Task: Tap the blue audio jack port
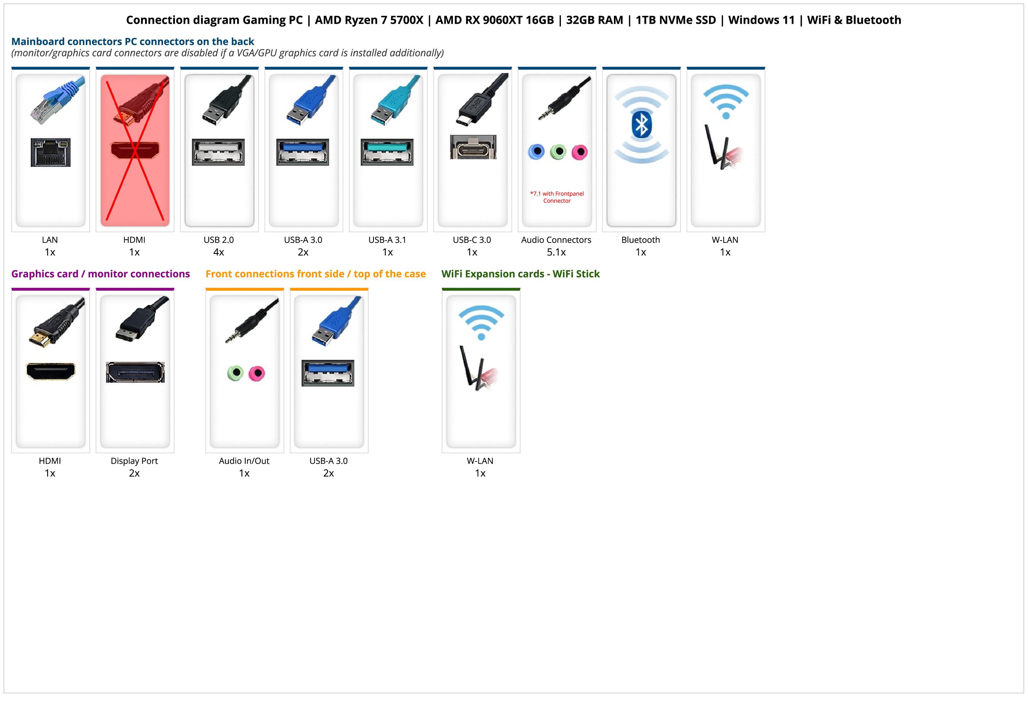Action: [x=536, y=152]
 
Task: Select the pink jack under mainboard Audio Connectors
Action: [x=579, y=152]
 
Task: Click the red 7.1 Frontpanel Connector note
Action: [x=557, y=197]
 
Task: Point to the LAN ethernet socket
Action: [x=51, y=152]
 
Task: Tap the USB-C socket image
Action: [x=473, y=147]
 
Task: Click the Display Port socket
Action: [x=135, y=372]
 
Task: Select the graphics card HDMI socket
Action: [x=51, y=371]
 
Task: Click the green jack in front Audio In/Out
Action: [x=236, y=373]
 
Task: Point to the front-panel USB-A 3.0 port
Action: [x=328, y=373]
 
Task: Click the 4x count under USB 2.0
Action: [x=219, y=252]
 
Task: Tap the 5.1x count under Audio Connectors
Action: [x=556, y=252]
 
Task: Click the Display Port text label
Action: [x=134, y=461]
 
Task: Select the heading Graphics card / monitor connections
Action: [x=101, y=274]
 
